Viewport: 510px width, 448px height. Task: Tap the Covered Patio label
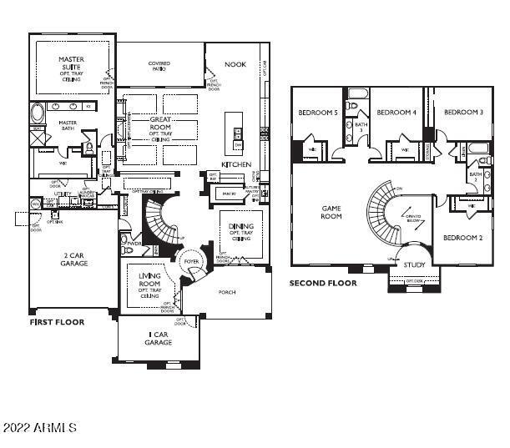point(159,66)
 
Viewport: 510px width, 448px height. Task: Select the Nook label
point(236,63)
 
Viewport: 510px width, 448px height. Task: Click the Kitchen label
point(236,164)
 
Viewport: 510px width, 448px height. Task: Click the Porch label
point(228,292)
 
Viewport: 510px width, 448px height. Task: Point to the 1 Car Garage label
point(158,338)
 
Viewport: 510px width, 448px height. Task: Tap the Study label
point(414,265)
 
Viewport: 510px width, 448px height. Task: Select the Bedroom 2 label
point(463,238)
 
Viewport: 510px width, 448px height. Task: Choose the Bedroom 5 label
point(318,112)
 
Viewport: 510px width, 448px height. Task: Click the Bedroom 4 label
point(396,112)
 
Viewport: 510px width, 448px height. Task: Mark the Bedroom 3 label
point(464,112)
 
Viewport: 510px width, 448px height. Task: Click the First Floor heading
point(57,321)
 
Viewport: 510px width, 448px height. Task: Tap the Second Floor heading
point(323,284)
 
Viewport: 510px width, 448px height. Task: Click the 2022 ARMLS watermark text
point(40,427)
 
